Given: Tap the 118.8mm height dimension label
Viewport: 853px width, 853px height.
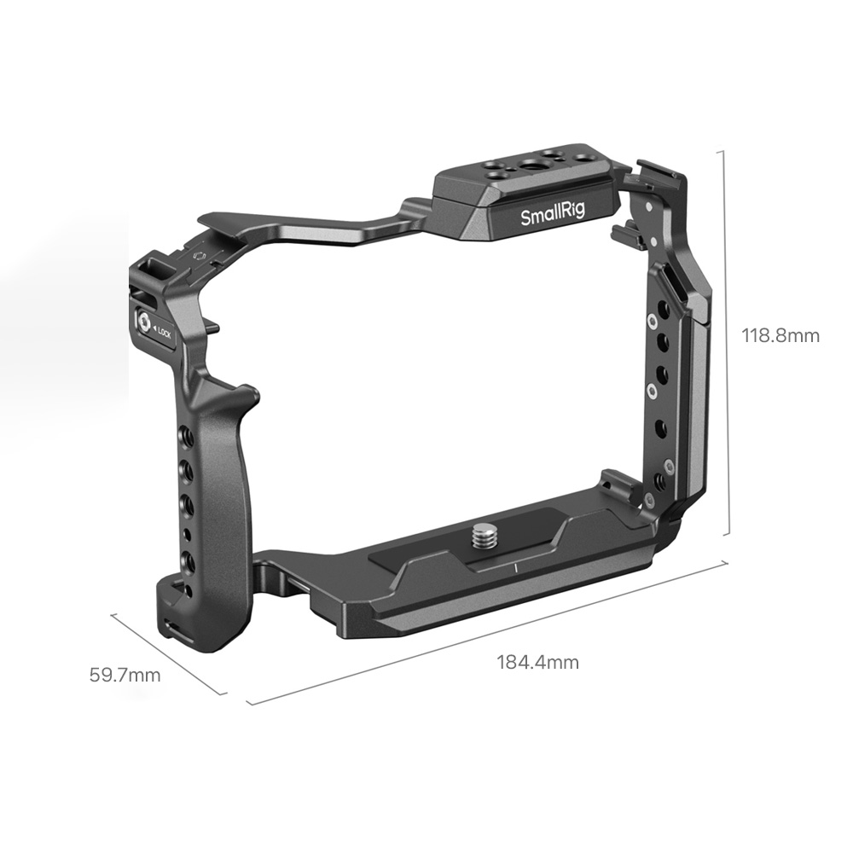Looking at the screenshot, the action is tap(780, 335).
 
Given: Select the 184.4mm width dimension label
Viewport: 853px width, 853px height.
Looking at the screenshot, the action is tap(537, 663).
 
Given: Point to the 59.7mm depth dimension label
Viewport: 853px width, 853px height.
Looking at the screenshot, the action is tap(125, 675).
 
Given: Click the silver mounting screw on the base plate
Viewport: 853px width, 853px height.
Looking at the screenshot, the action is tap(483, 537).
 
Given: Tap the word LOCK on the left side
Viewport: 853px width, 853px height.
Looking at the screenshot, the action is tap(164, 334).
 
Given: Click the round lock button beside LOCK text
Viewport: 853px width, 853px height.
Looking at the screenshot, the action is tap(143, 322).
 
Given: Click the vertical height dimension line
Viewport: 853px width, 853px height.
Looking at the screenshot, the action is tap(725, 343).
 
